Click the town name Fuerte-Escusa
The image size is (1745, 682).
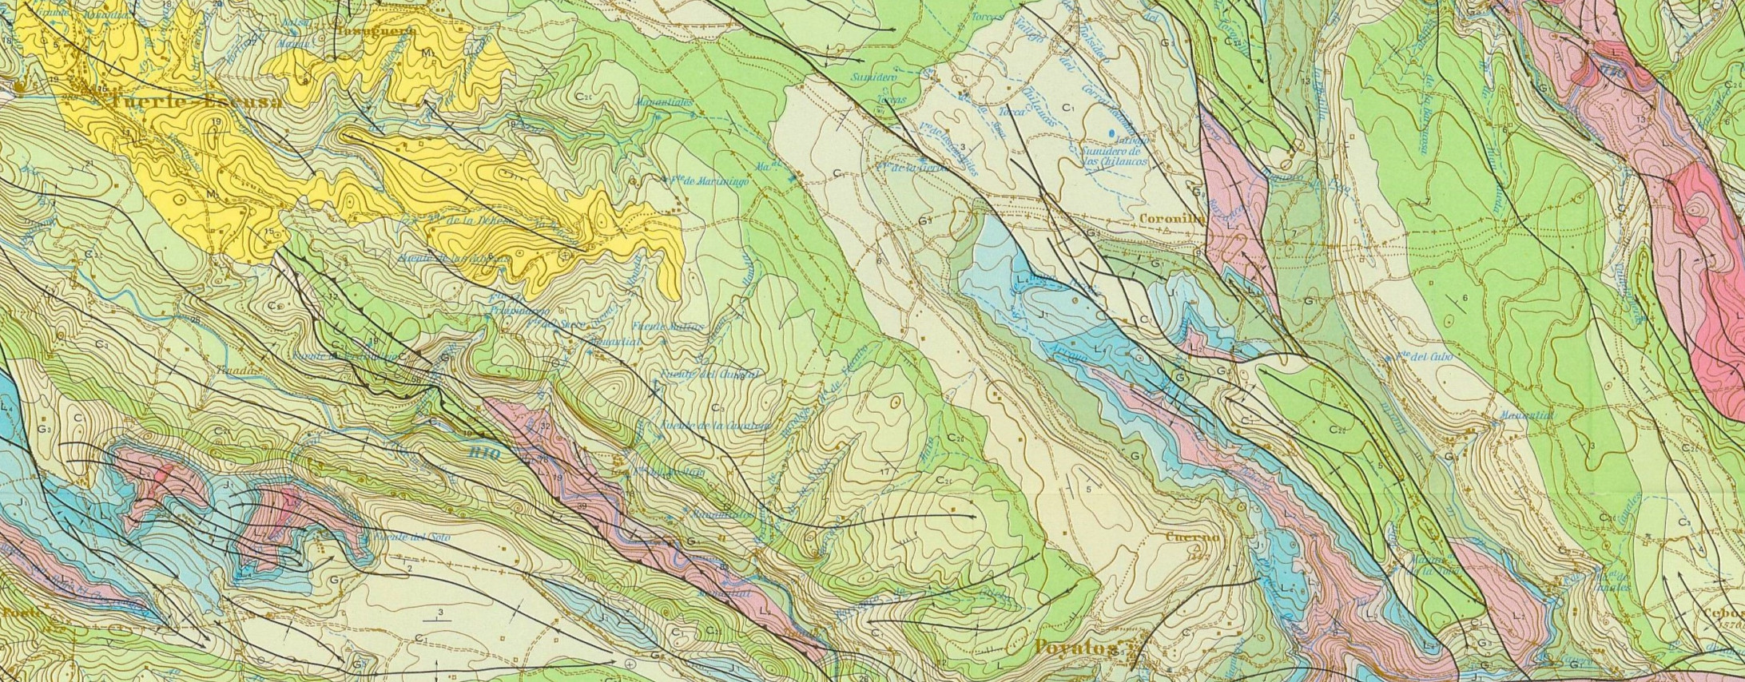[x=196, y=102]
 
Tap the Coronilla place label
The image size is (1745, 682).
[x=1168, y=216]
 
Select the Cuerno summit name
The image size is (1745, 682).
[x=1193, y=537]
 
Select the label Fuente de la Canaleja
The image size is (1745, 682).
[x=715, y=426]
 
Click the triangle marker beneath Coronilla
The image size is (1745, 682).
[x=1168, y=229]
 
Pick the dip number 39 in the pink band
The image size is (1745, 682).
[x=582, y=507]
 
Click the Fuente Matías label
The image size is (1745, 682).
[x=667, y=327]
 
